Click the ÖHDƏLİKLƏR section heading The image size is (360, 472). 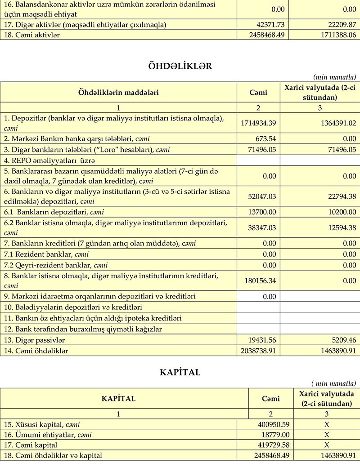click(180, 66)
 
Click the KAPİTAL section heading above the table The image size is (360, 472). click(180, 372)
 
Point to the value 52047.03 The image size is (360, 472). click(262, 196)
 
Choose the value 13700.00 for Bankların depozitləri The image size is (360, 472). click(262, 212)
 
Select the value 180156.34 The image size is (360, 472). click(260, 281)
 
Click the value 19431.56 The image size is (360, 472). click(262, 340)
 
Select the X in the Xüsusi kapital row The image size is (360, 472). click(327, 424)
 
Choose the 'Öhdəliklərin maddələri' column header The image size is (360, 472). click(119, 92)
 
